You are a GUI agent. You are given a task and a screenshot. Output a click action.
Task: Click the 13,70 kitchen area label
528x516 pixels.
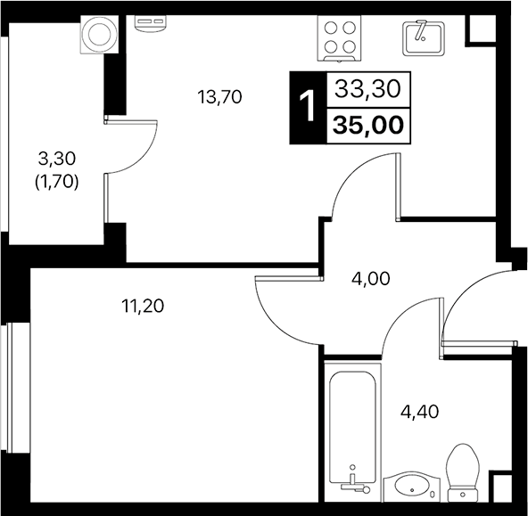[x=220, y=96]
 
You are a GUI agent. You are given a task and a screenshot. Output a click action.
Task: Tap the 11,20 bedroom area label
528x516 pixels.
[x=144, y=307]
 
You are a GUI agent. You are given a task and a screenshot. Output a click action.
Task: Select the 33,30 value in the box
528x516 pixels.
[x=368, y=88]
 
